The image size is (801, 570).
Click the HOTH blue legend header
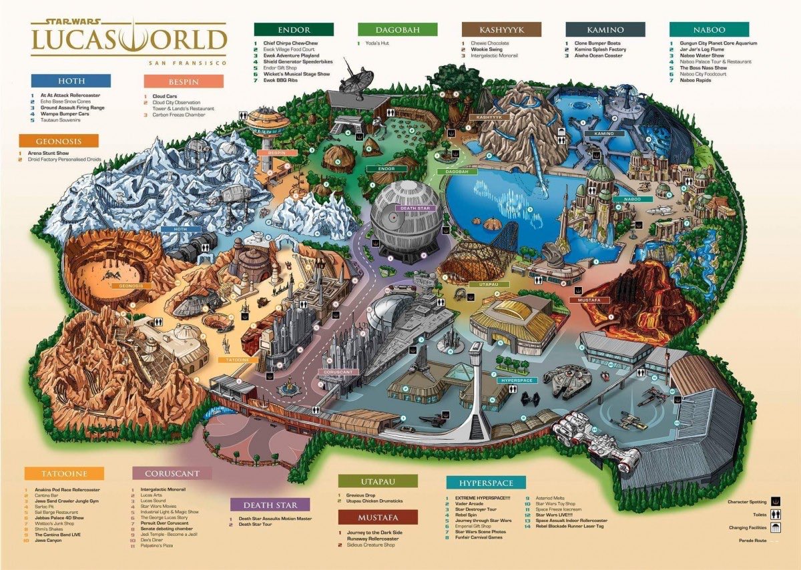[71, 81]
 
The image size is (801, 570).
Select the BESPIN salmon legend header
[184, 81]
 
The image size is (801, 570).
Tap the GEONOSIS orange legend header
[59, 141]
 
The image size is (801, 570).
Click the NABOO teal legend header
[709, 29]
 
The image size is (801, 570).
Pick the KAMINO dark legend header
[605, 29]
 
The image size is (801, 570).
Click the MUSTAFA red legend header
[378, 517]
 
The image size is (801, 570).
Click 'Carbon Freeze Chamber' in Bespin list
[181, 115]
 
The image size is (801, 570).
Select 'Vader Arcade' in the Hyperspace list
[470, 503]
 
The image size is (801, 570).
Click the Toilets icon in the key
[776, 514]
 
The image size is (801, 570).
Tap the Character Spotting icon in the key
[776, 501]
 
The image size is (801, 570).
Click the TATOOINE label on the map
[237, 360]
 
